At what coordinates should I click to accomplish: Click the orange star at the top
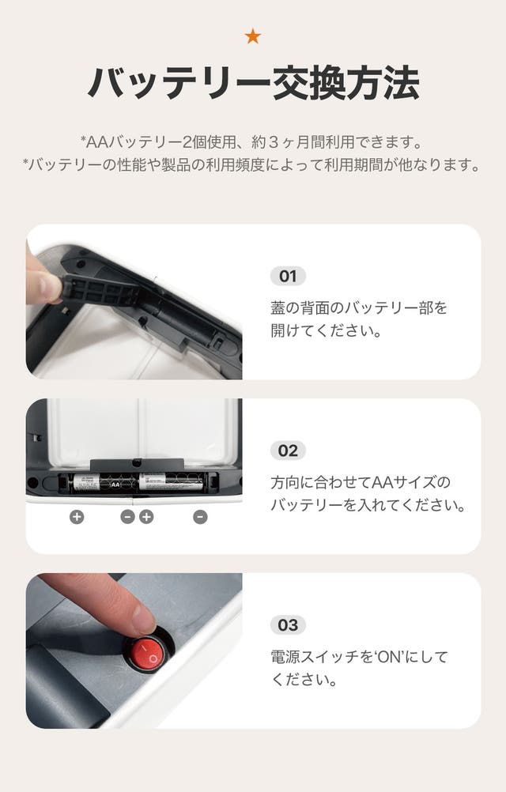(252, 36)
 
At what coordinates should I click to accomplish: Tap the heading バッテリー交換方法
(254, 83)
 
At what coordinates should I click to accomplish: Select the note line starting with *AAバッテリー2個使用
(252, 142)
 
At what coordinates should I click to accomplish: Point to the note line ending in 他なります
(252, 164)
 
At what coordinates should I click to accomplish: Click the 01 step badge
(288, 277)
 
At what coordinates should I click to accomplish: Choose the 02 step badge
(288, 451)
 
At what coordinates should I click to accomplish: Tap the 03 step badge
(288, 625)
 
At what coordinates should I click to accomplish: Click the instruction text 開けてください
(326, 331)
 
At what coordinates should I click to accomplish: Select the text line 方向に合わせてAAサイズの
(360, 482)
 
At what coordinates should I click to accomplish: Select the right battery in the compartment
(171, 482)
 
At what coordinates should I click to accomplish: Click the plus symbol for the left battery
(77, 517)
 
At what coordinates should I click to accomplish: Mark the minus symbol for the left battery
(128, 517)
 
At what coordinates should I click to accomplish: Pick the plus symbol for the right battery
(146, 517)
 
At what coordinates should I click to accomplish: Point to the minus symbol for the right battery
(201, 517)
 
